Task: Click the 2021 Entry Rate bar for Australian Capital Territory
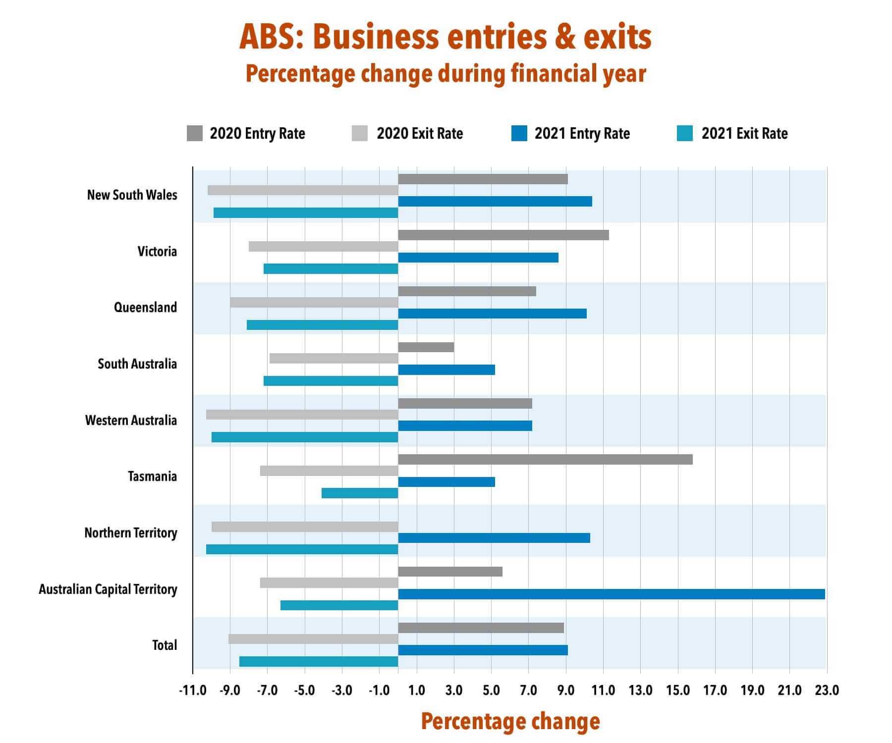(611, 594)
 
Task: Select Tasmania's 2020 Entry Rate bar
(545, 459)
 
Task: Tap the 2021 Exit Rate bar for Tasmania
(360, 493)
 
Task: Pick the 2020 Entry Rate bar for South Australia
(426, 347)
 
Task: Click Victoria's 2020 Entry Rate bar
(503, 235)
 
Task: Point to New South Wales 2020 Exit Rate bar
(303, 190)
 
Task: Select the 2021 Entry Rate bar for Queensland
(492, 314)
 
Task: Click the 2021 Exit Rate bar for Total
(319, 661)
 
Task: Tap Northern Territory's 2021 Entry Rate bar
(494, 538)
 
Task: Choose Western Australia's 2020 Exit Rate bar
(302, 415)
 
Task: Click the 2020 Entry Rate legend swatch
(194, 133)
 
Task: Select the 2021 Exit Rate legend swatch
(684, 133)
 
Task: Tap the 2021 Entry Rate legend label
(582, 133)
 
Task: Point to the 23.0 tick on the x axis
(827, 690)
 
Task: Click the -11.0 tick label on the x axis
(193, 690)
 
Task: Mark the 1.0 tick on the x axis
(417, 690)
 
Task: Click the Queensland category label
(145, 308)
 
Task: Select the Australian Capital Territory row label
(108, 589)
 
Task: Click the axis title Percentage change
(510, 721)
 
